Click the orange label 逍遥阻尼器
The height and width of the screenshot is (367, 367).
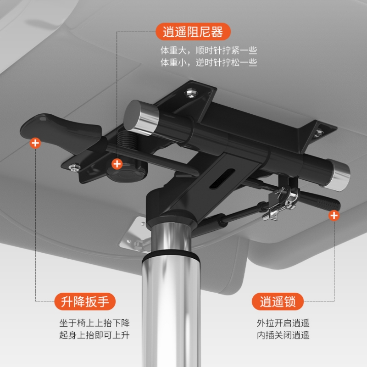193,32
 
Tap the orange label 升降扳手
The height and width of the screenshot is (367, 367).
85,301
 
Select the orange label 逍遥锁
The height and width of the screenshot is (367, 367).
278,301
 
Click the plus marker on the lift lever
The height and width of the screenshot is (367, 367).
35,143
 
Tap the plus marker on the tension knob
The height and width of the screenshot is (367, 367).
117,164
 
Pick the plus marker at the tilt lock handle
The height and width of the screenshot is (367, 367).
334,216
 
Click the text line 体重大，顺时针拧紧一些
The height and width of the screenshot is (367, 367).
209,50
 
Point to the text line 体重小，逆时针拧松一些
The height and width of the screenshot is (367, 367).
209,62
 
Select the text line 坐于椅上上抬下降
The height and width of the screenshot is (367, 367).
95,323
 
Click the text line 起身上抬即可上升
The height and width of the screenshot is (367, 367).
95,335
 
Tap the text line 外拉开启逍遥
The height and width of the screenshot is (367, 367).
283,323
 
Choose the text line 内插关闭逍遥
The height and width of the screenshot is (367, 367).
283,335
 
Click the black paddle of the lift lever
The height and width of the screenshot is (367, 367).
61,131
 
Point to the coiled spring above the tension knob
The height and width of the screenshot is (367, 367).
127,139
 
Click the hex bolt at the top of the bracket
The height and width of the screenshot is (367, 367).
191,93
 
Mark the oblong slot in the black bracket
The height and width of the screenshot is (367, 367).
222,178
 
